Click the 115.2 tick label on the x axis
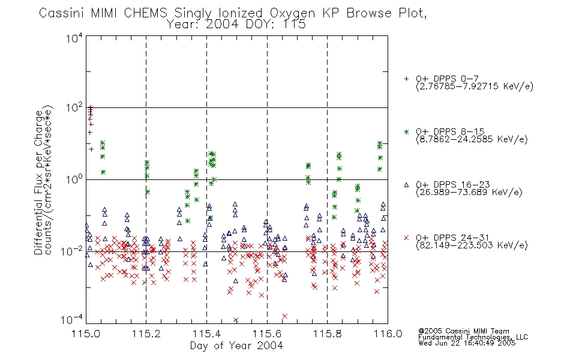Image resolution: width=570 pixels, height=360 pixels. click(x=146, y=334)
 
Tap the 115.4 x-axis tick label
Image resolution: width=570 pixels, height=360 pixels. click(x=206, y=334)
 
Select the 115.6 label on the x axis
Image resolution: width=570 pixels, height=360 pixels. click(x=267, y=334)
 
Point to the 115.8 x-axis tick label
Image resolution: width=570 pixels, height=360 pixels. click(x=327, y=334)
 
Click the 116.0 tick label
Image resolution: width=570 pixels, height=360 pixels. click(x=388, y=334)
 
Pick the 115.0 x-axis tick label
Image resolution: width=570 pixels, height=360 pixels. click(x=86, y=334)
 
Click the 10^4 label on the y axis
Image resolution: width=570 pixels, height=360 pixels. click(x=74, y=38)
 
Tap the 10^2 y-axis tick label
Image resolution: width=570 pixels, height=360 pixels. click(x=74, y=108)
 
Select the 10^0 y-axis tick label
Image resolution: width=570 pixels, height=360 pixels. click(x=74, y=179)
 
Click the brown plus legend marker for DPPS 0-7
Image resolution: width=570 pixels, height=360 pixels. click(x=406, y=79)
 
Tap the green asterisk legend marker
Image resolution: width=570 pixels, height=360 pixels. click(x=406, y=131)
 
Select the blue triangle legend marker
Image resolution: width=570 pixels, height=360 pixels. click(x=406, y=185)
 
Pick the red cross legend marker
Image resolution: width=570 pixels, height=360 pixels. click(x=406, y=238)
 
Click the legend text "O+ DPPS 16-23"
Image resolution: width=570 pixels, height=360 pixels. click(x=453, y=184)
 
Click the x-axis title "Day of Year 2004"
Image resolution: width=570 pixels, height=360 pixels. click(x=236, y=346)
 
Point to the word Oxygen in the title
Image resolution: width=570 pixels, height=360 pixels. click(x=292, y=13)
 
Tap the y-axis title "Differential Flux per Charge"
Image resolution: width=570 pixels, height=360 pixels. click(x=39, y=182)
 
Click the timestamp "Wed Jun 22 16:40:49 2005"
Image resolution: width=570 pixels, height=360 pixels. click(x=467, y=343)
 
